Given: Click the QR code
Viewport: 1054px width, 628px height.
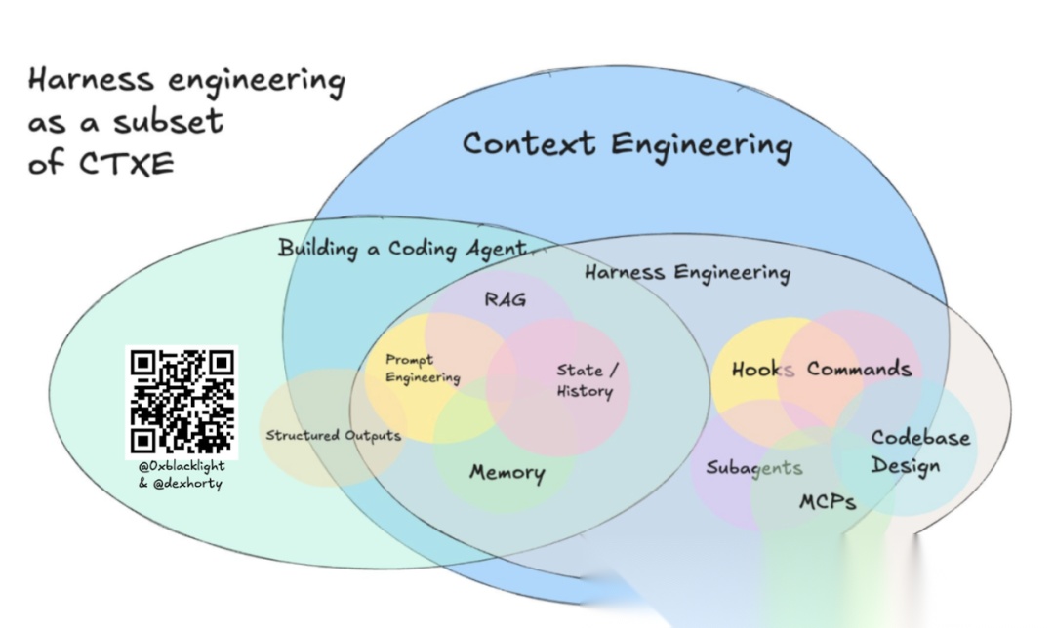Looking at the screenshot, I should point(182,401).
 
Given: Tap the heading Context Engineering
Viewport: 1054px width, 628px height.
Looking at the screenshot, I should point(627,144).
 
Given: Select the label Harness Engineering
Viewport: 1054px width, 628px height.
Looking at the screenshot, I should point(687,272).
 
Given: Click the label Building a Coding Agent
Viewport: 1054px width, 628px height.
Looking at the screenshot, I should point(401,248).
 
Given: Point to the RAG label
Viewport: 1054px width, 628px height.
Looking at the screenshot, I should point(505,299).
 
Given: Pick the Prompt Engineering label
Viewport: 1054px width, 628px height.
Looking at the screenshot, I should point(422,369).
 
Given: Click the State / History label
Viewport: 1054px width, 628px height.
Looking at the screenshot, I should point(586,380).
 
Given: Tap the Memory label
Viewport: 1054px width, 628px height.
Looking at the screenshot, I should point(507,473).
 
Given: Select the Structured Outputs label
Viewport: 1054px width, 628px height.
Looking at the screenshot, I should point(333,435).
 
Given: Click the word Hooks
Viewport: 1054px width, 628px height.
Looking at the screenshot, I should point(763,370).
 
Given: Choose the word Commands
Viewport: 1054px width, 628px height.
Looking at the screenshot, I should point(859,369).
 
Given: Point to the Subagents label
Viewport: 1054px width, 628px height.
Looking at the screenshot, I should point(753,467).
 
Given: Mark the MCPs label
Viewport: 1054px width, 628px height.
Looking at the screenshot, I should point(828,501).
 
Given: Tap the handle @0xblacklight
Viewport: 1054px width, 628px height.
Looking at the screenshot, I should point(182,466).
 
